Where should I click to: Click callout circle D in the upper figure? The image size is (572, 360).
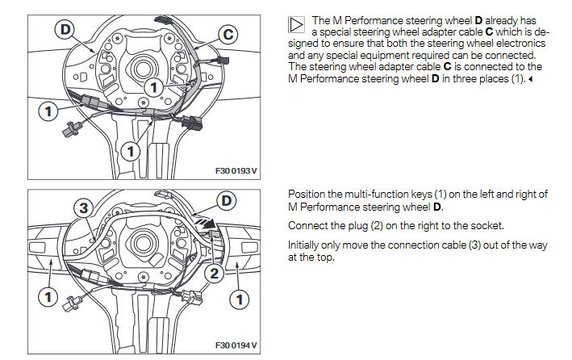64,30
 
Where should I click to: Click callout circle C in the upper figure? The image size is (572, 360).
228,35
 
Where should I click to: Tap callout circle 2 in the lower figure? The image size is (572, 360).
213,274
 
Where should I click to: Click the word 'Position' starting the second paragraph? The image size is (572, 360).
308,195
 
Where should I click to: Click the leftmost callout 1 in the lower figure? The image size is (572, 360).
48,298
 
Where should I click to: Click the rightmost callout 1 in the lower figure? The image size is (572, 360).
239,299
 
